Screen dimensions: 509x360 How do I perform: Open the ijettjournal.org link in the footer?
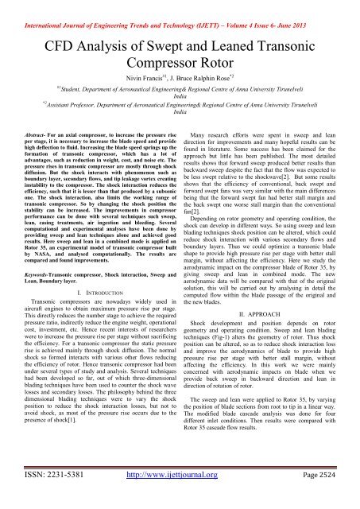pos(179,492)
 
